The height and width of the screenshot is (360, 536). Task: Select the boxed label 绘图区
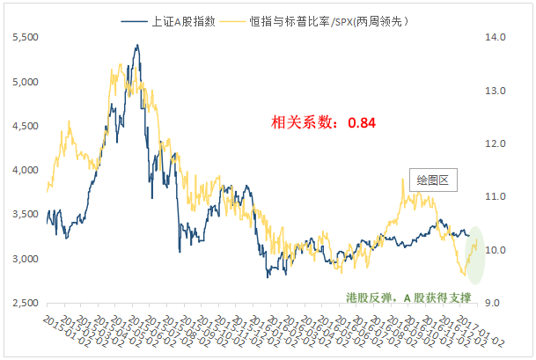tap(432, 180)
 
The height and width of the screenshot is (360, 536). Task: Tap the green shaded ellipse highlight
tap(475, 254)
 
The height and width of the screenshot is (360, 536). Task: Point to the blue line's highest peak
tap(137, 46)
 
